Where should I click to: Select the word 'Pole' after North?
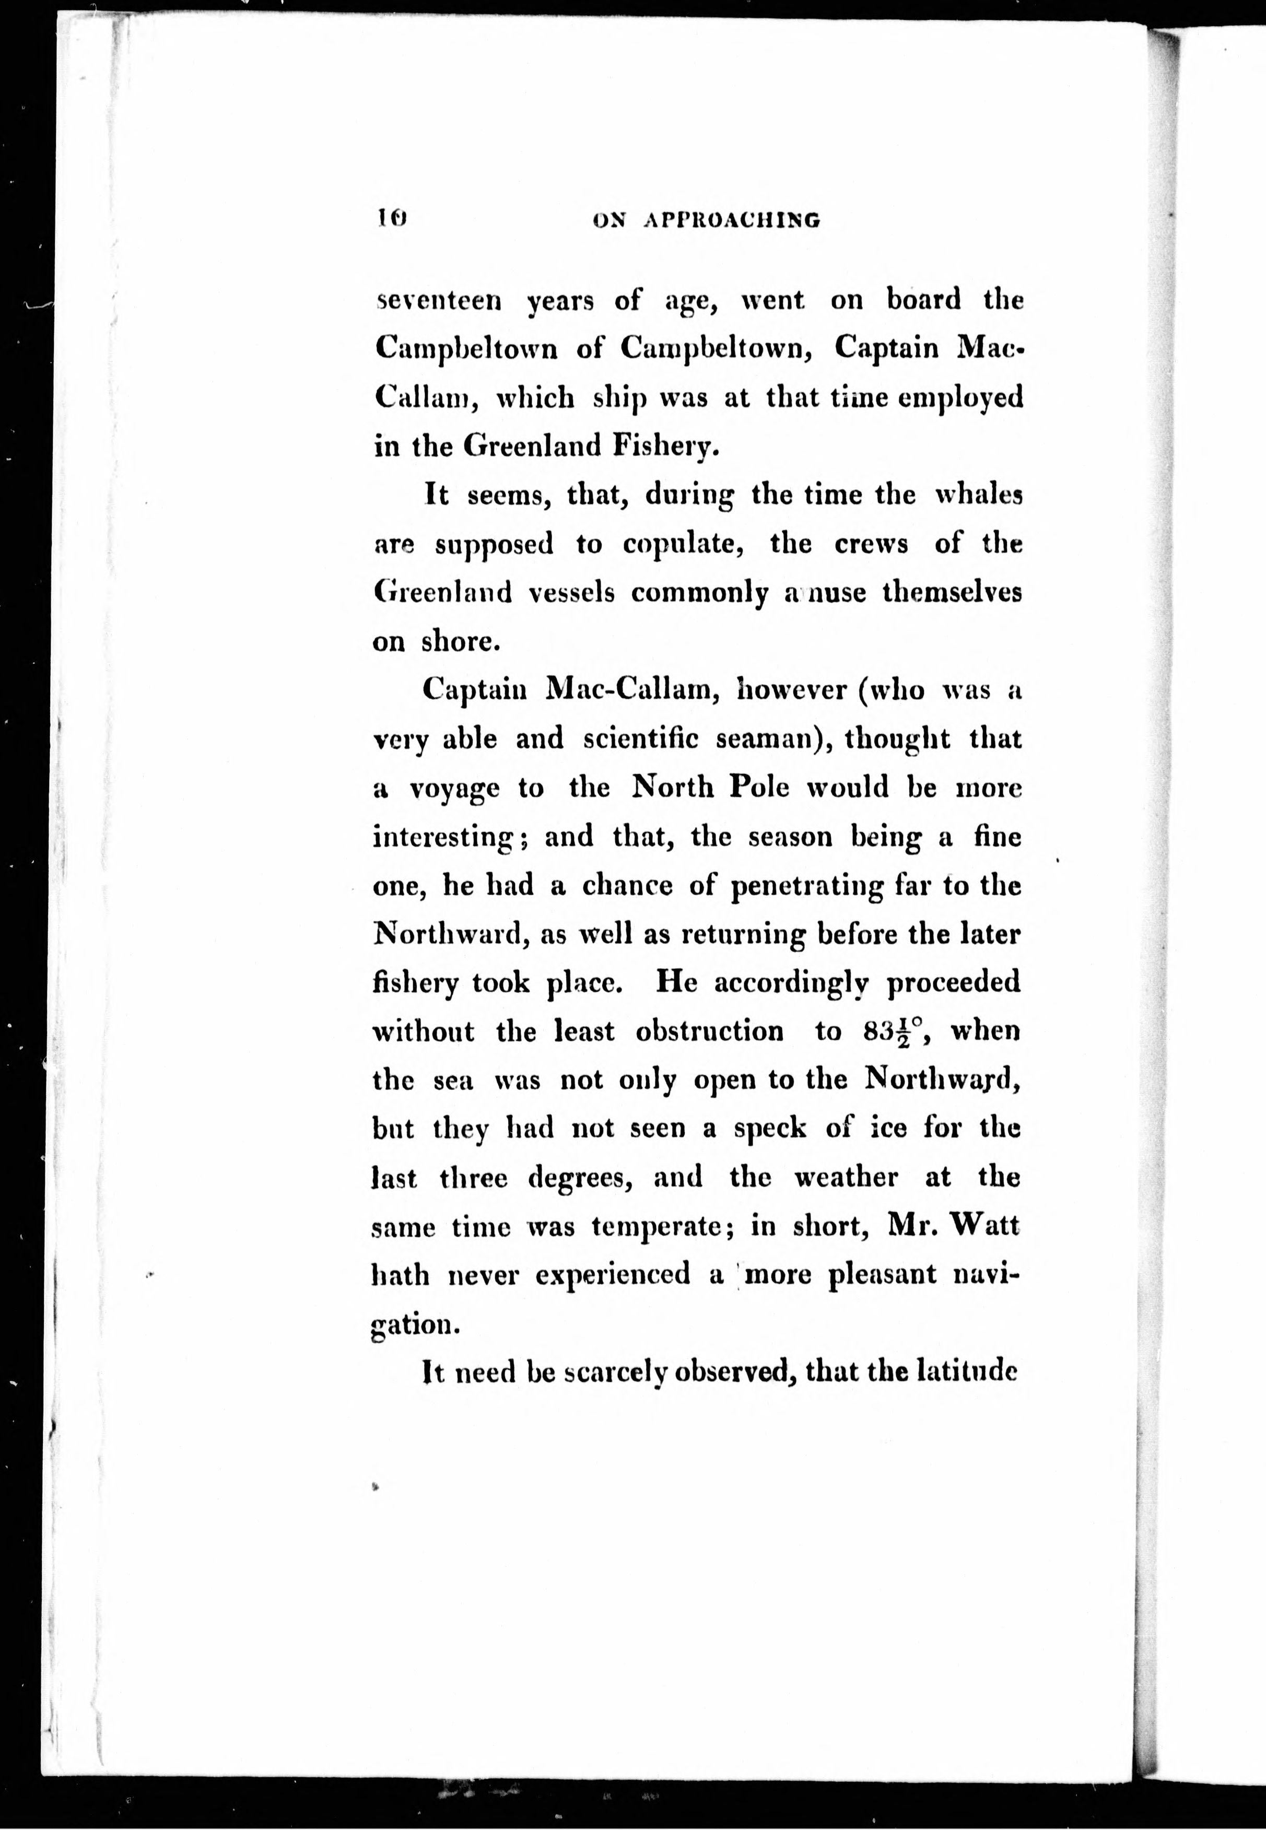(x=760, y=788)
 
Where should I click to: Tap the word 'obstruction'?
(x=709, y=1032)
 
